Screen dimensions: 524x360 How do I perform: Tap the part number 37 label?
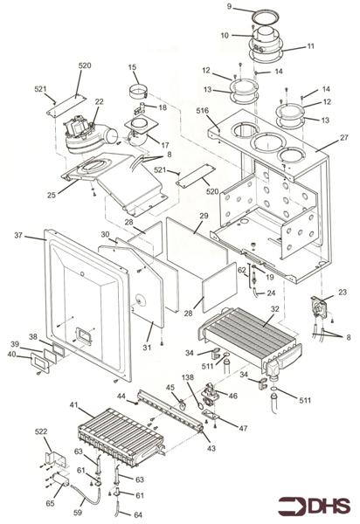click(19, 236)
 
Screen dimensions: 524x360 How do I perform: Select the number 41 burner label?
click(74, 406)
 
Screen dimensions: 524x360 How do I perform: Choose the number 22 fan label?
click(100, 102)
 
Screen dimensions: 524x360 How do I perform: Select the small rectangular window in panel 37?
click(86, 334)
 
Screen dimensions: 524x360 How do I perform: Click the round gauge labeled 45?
click(181, 403)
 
